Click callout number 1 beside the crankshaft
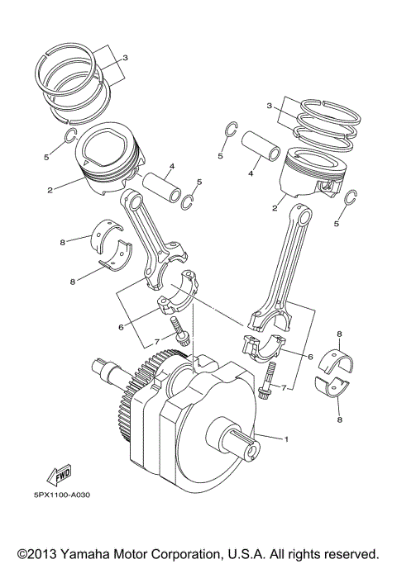(287, 438)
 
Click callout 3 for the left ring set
(124, 58)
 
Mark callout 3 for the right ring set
(269, 107)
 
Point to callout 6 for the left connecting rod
(120, 328)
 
